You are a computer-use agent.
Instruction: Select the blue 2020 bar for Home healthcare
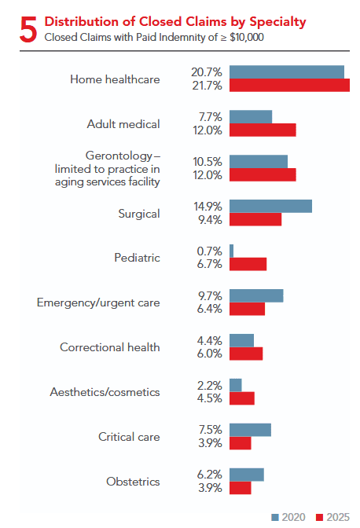click(x=287, y=72)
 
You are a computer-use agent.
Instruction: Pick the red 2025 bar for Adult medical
click(x=263, y=130)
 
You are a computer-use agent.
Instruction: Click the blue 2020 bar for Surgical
click(x=270, y=206)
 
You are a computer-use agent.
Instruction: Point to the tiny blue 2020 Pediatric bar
click(x=232, y=250)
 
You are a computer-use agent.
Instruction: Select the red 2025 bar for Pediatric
click(x=248, y=264)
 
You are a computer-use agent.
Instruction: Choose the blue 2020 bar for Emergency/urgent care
click(x=256, y=295)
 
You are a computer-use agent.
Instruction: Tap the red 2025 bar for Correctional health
click(x=246, y=354)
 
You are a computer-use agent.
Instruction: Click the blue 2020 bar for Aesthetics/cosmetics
click(x=236, y=384)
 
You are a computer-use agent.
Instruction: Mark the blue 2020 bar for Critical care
click(x=250, y=429)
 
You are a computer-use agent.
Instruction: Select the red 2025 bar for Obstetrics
click(x=241, y=488)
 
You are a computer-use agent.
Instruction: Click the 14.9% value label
click(x=208, y=206)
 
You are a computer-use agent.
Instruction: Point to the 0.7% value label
click(x=210, y=250)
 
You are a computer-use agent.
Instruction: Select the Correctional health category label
click(x=110, y=346)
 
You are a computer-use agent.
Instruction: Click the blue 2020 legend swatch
click(x=275, y=517)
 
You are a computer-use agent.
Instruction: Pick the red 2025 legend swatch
click(x=320, y=517)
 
